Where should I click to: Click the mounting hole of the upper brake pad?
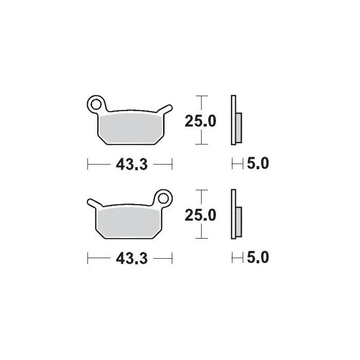pyautogui.click(x=96, y=105)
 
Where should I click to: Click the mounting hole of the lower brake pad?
pyautogui.click(x=164, y=199)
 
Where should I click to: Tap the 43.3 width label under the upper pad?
pyautogui.click(x=132, y=165)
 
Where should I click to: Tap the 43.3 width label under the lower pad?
pyautogui.click(x=132, y=259)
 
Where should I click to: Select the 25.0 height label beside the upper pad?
pyautogui.click(x=201, y=121)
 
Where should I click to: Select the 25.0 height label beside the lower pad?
pyautogui.click(x=201, y=215)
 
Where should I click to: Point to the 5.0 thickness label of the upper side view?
pyautogui.click(x=258, y=163)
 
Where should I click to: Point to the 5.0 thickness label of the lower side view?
pyautogui.click(x=258, y=257)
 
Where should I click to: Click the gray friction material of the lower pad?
pyautogui.click(x=129, y=223)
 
